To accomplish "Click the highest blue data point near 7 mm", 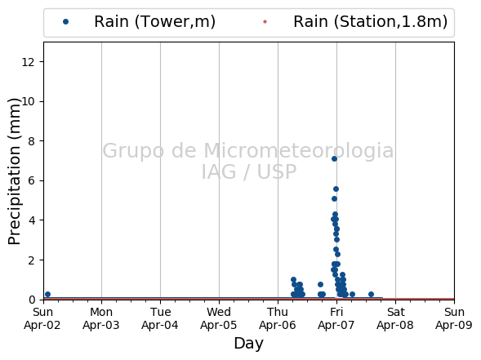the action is (334, 158).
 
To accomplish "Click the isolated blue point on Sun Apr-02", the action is (47, 295).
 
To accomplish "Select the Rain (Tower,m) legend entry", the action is (139, 22).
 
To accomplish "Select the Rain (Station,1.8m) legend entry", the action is (355, 22).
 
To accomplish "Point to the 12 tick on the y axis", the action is (28, 62).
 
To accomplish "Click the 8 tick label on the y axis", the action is (32, 141).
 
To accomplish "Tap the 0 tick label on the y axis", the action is (32, 300).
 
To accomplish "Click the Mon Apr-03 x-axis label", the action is (101, 318).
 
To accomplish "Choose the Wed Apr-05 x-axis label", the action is (219, 318).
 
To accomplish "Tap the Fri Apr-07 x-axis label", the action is (336, 318).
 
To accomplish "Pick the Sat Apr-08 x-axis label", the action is (395, 318).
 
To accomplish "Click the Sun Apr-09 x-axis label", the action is (454, 318).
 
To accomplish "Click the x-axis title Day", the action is (249, 344).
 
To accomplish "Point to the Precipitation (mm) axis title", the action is (14, 171).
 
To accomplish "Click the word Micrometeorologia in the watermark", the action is (299, 151).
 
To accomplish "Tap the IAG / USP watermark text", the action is (249, 171).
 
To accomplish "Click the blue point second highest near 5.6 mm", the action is (336, 189).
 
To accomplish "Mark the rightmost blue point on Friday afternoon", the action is (371, 295).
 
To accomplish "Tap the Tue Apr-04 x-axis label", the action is (160, 318).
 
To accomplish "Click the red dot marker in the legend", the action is (265, 22).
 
